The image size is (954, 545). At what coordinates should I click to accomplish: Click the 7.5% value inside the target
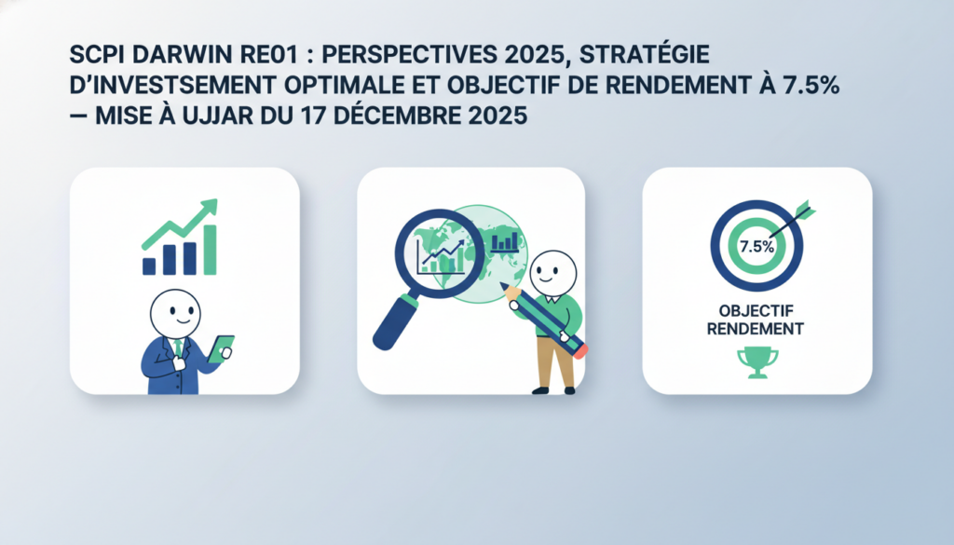757,247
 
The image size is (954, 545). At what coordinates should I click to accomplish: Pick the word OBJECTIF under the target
756,312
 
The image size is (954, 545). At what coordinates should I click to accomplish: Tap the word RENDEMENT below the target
756,330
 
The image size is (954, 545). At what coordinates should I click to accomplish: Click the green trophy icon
756,361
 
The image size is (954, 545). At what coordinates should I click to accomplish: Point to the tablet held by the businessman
221,347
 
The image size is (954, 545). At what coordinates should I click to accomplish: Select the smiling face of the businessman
177,310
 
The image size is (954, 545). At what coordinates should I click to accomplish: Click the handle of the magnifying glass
393,322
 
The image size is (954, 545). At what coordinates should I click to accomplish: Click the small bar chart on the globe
505,242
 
